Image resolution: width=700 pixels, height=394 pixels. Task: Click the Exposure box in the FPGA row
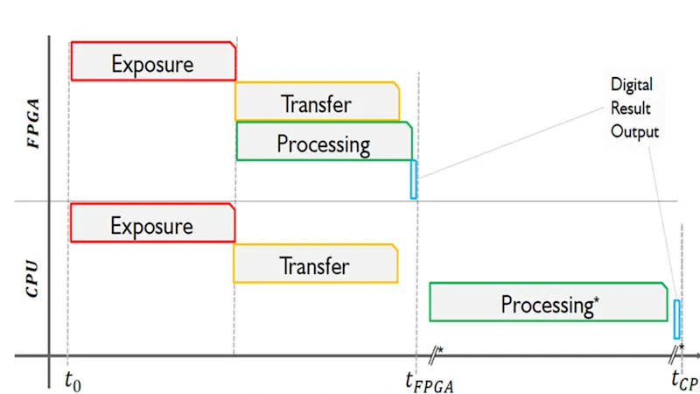pos(153,61)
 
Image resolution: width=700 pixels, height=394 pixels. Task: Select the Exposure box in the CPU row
pos(152,223)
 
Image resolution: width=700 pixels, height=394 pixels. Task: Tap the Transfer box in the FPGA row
pos(317,102)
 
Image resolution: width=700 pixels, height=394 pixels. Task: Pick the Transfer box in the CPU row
pos(315,264)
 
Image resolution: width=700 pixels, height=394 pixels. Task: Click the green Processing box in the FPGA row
pos(324,142)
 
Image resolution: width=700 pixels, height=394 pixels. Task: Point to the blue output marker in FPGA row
pos(414,179)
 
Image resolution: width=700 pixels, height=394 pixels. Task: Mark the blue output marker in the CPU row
pos(676,319)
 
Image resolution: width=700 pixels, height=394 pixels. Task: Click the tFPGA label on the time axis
pos(429,380)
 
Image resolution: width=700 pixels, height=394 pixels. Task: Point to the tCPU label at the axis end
pos(685,380)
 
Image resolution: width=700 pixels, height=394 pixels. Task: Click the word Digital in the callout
pos(632,85)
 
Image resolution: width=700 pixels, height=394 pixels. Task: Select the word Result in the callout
pos(631,109)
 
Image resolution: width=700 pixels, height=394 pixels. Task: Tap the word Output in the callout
pos(634,132)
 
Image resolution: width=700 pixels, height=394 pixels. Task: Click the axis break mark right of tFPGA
pos(435,354)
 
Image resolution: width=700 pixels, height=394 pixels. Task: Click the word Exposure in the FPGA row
pos(153,63)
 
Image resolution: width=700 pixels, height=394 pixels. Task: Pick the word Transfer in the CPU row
pos(315,265)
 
